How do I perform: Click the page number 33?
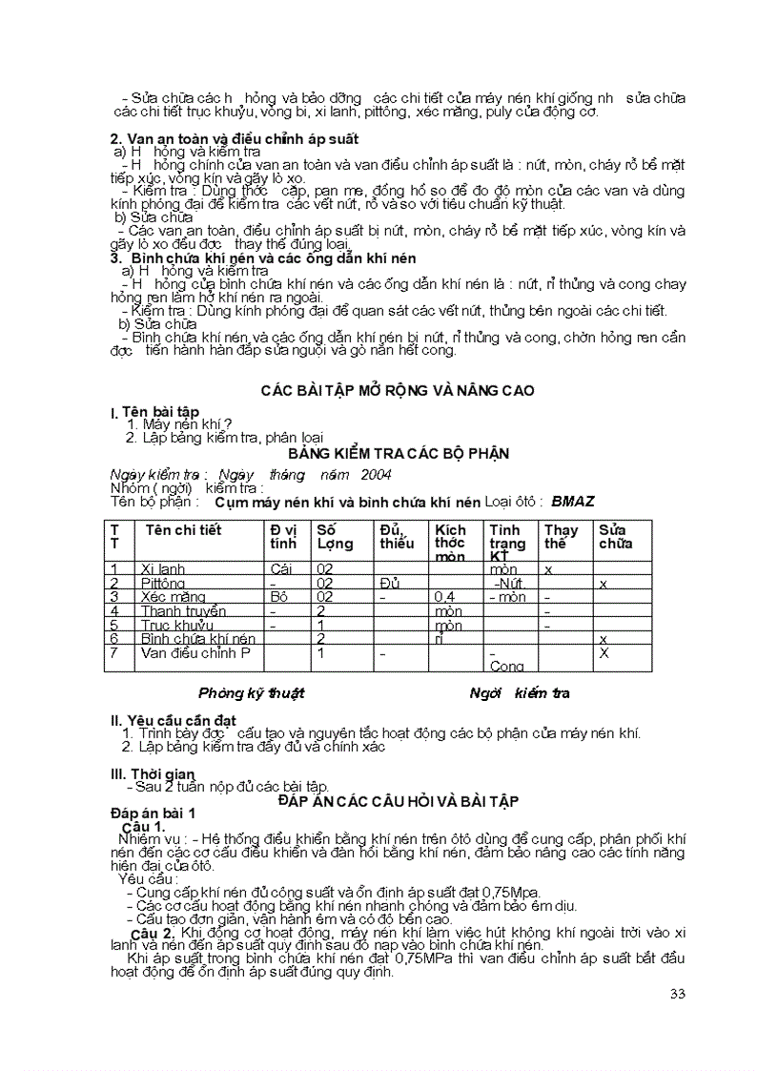678,994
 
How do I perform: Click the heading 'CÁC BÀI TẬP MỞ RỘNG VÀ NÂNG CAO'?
398,390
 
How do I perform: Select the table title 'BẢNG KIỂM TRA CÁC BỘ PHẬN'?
398,453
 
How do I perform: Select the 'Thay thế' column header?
561,537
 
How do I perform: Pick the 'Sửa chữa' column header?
616,537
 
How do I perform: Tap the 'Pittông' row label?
163,583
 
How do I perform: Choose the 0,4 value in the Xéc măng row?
444,597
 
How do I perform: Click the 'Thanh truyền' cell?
183,611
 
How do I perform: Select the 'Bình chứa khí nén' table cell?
197,638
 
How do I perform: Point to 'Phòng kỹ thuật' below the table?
251,693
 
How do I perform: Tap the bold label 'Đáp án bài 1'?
154,813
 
